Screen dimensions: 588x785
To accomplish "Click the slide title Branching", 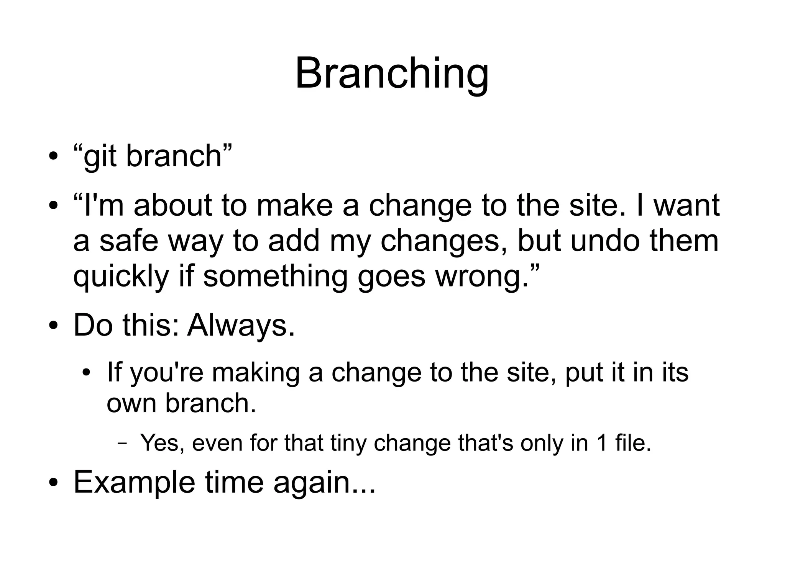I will pyautogui.click(x=392, y=74).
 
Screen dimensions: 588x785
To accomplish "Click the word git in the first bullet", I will pyautogui.click(x=100, y=157).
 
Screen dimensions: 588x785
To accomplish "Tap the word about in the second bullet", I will pyautogui.click(x=172, y=206).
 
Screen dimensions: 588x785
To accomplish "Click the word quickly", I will pyautogui.click(x=121, y=277).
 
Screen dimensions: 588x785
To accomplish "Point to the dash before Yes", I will pyautogui.click(x=122, y=444).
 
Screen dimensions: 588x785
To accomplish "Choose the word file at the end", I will pyautogui.click(x=632, y=443).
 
